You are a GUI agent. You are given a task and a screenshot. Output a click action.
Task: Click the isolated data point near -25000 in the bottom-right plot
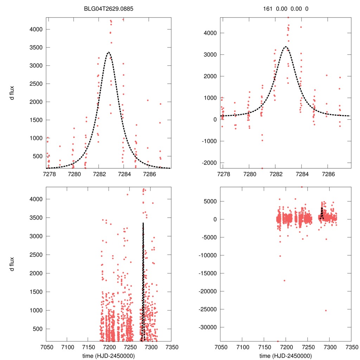click(326, 310)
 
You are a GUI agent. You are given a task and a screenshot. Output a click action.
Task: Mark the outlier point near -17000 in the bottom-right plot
click(284, 280)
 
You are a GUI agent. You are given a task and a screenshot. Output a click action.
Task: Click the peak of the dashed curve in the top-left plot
click(109, 52)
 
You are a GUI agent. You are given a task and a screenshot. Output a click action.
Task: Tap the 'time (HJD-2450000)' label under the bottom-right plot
click(285, 355)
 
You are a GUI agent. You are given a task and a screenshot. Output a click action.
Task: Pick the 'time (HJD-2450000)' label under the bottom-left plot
click(109, 355)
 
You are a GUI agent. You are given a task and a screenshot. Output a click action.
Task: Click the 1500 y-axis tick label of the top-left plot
click(35, 120)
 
